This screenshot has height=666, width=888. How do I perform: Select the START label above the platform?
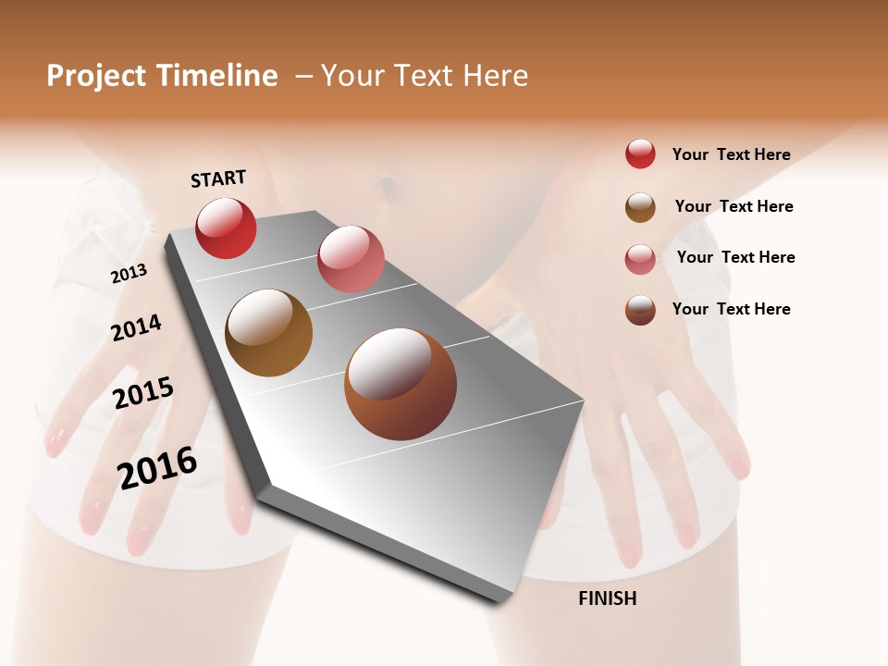coord(218,179)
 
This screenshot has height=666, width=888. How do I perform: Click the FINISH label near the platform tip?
coord(607,598)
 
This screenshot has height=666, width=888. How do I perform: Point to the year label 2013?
coord(129,274)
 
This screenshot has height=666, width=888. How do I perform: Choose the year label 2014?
coord(137,327)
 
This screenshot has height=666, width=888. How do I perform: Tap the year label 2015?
coord(143,392)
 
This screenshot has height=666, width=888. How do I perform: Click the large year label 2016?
coord(157,468)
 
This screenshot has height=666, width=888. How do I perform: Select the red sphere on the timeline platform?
coord(226,228)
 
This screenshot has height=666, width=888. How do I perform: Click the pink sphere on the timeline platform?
coord(351,259)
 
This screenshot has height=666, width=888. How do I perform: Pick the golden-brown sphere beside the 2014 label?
coord(269,333)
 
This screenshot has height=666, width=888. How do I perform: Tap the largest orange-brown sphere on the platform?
coord(401,384)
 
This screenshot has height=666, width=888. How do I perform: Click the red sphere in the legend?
coord(640,154)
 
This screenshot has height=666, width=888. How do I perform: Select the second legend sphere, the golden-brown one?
coord(640,207)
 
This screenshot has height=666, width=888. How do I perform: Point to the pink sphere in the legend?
coord(640,259)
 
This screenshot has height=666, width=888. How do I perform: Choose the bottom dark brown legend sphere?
coord(640,310)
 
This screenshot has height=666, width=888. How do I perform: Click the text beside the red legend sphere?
coord(731,154)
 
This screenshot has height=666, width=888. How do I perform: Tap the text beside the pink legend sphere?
coord(735,257)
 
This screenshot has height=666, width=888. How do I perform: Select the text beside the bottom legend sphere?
coord(731,309)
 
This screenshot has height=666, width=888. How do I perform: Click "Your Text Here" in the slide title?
coord(425,76)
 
